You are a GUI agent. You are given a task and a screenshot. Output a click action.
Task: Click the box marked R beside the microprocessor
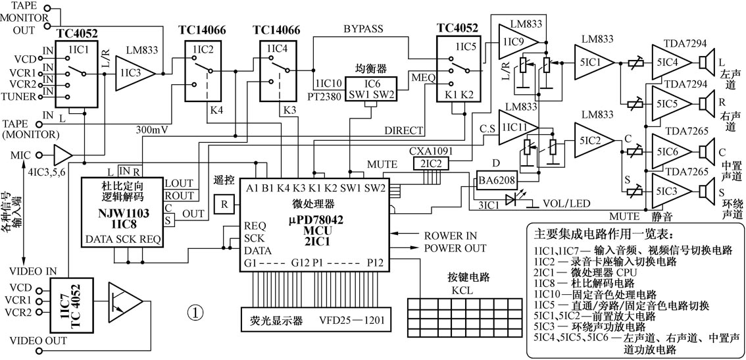pyautogui.click(x=224, y=204)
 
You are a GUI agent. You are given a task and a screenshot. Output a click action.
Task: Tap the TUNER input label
pyautogui.click(x=22, y=96)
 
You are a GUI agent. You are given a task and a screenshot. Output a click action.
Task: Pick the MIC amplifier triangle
pyautogui.click(x=62, y=156)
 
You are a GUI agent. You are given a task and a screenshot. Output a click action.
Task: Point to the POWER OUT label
pyautogui.click(x=455, y=249)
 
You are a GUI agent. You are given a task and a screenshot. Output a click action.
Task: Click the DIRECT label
pyautogui.click(x=403, y=130)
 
